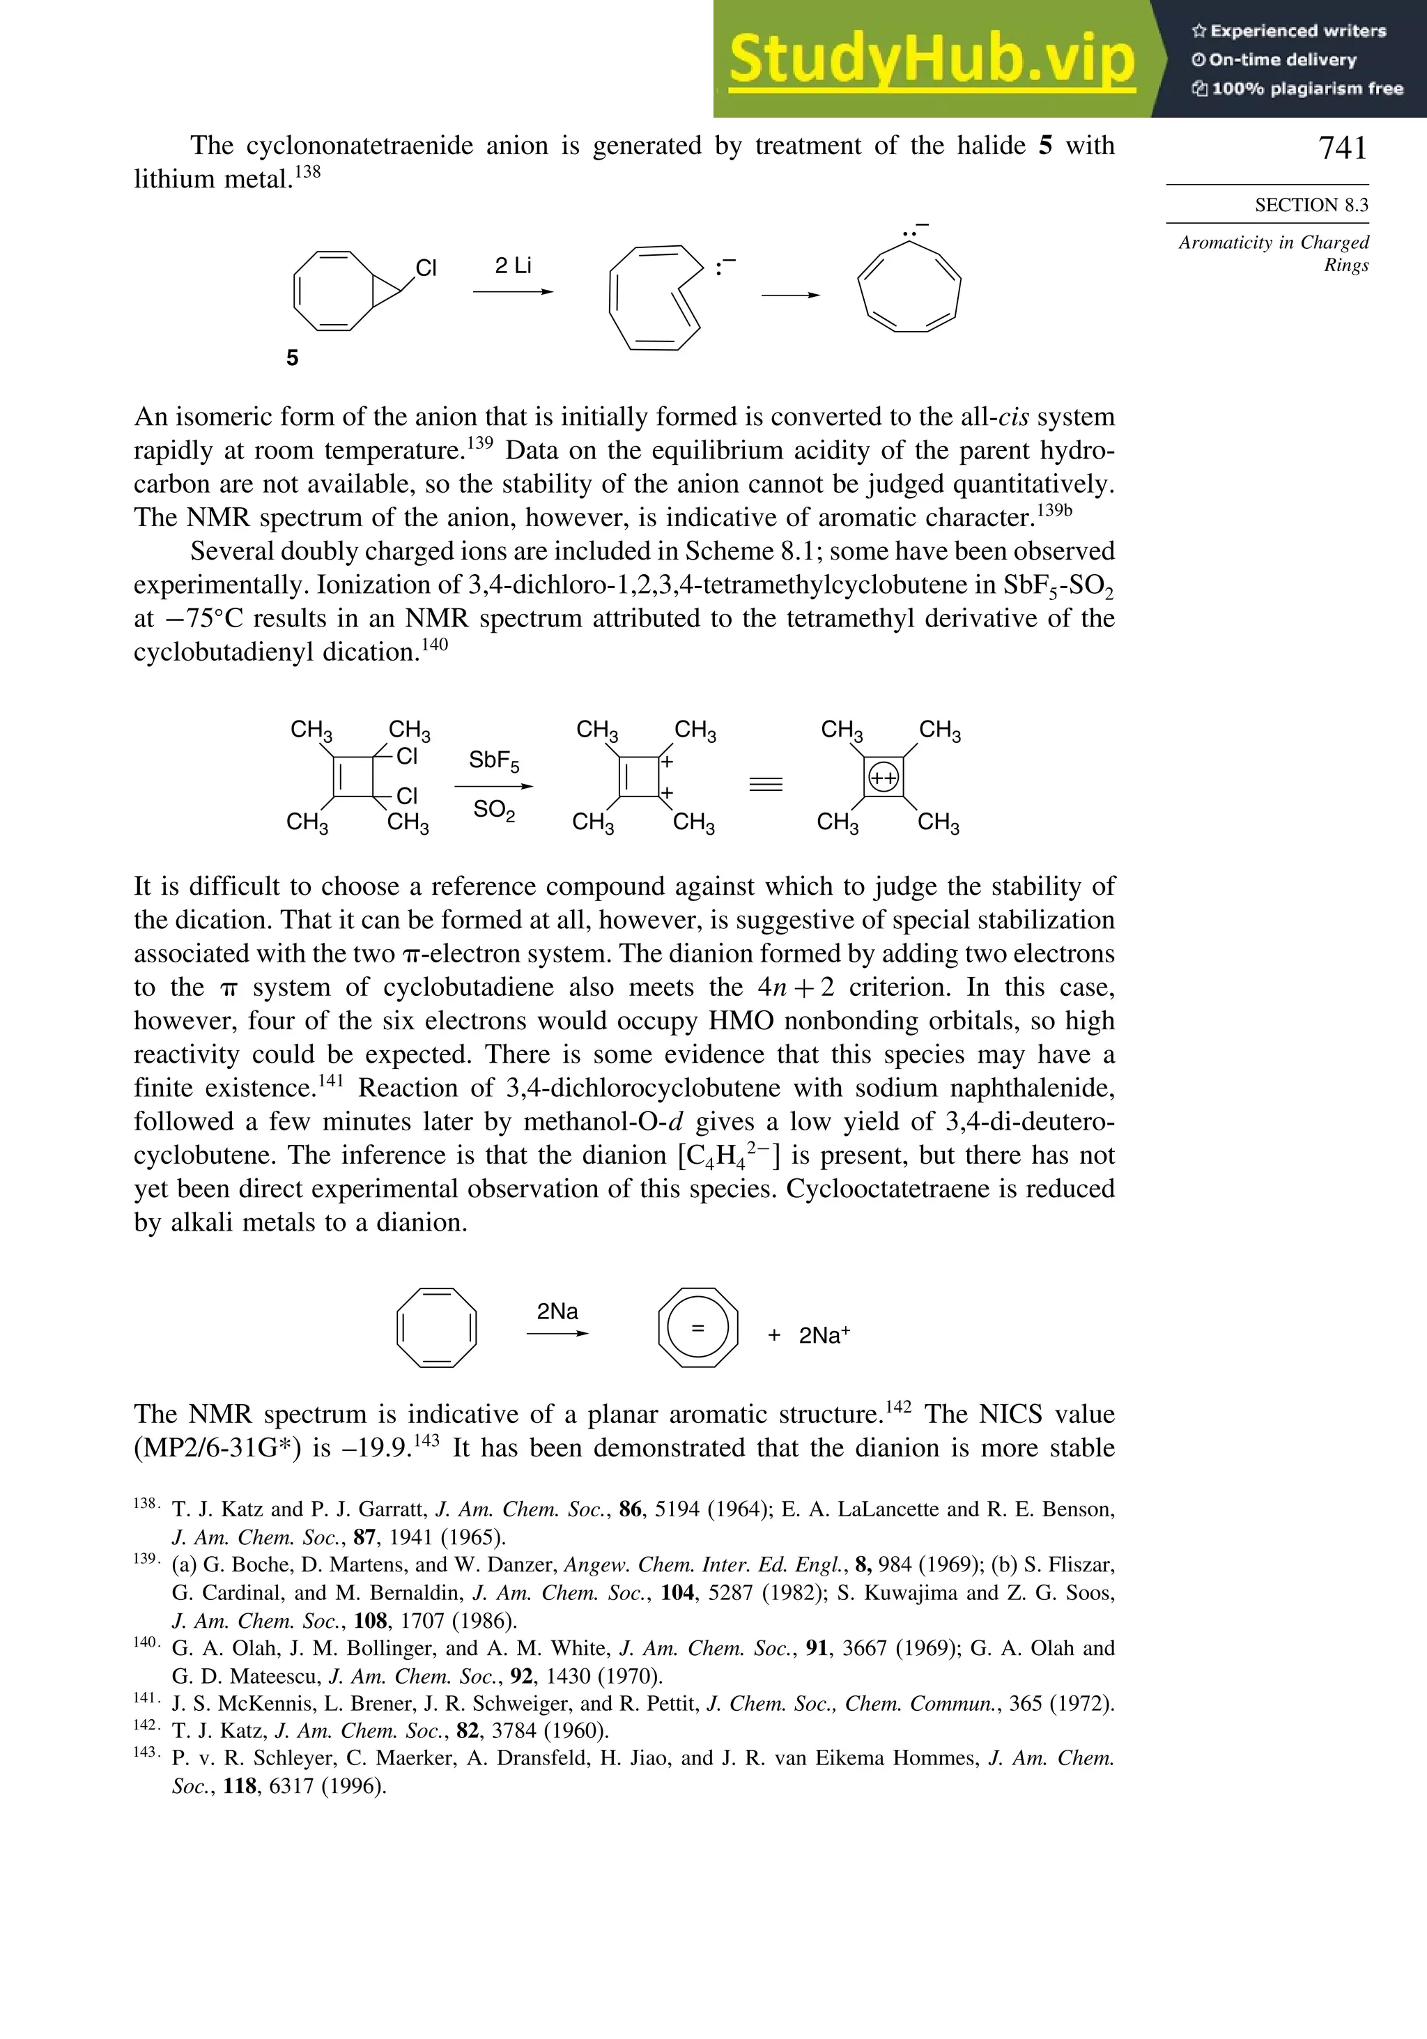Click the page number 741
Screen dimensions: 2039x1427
(x=1342, y=148)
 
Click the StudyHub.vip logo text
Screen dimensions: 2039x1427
(x=932, y=59)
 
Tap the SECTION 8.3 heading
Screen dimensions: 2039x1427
(x=1311, y=205)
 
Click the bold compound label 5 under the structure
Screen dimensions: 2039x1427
(x=292, y=358)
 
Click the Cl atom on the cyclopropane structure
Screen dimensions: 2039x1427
(x=426, y=268)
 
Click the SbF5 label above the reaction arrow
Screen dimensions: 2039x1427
(x=494, y=761)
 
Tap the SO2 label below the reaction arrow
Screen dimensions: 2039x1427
(x=494, y=810)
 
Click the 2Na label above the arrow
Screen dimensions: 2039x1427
(x=557, y=1311)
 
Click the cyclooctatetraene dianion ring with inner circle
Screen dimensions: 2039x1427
(x=698, y=1328)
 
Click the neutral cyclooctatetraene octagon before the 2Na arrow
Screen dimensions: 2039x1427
(x=436, y=1328)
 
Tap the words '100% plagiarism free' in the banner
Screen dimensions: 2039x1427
(x=1306, y=89)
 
